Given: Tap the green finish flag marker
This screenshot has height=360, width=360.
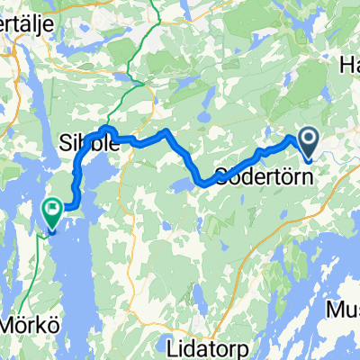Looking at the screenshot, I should pyautogui.click(x=52, y=213).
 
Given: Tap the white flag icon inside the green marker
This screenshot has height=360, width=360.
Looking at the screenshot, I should pyautogui.click(x=52, y=211).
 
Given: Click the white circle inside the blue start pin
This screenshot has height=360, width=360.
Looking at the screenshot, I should pyautogui.click(x=308, y=139).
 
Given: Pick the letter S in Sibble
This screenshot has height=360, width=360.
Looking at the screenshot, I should pyautogui.click(x=63, y=143).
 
